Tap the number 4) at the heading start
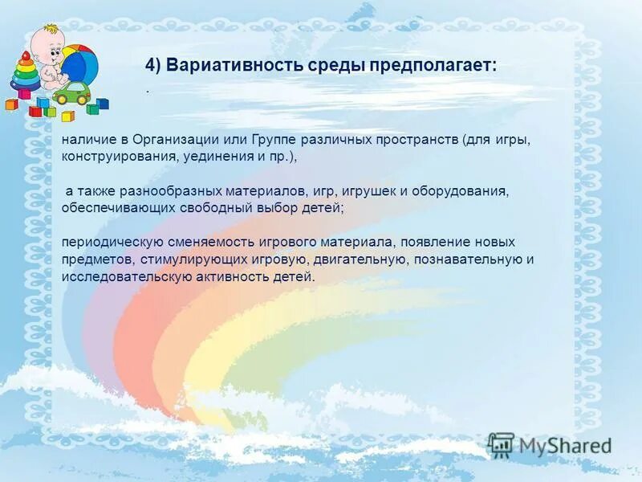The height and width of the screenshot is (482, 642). click(154, 65)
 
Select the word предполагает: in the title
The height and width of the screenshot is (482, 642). click(433, 65)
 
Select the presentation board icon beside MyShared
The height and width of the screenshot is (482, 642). click(501, 445)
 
